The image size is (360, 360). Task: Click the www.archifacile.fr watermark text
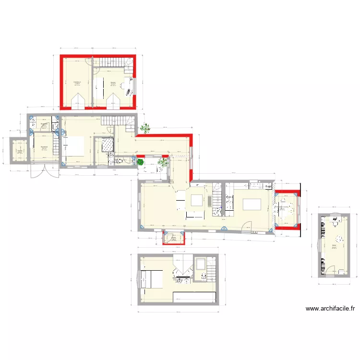[330, 309]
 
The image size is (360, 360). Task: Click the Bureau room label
[113, 83]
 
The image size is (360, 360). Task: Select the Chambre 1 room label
[77, 82]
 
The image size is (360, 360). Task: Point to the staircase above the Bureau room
[113, 62]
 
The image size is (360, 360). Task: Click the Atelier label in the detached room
[334, 245]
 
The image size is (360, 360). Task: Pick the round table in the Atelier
[339, 239]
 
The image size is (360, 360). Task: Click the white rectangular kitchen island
[253, 204]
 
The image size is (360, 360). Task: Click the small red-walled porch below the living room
[174, 238]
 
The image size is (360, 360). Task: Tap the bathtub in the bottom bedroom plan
[200, 264]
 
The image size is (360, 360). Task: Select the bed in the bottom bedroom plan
[151, 279]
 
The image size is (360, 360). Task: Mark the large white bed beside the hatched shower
[74, 146]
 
